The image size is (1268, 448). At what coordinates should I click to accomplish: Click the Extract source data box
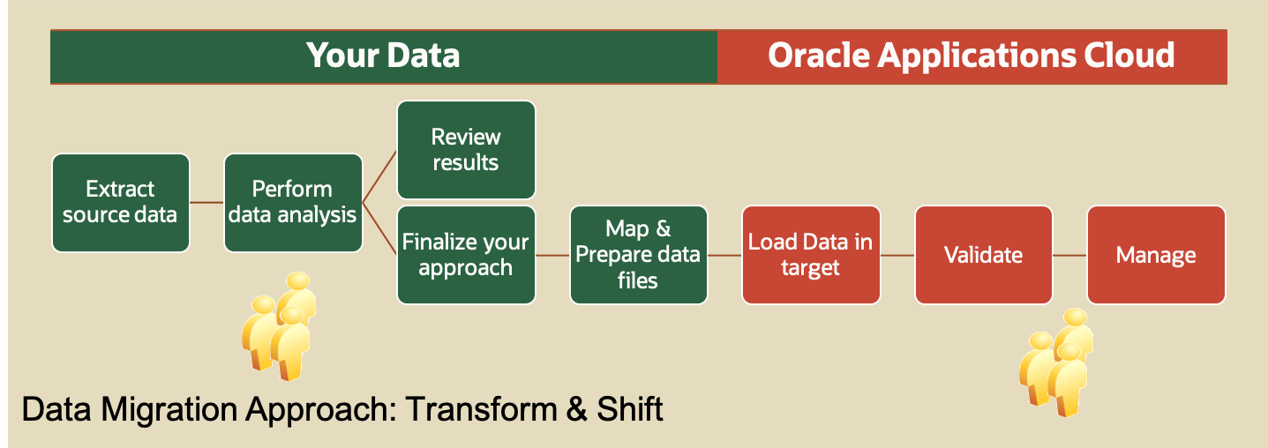(x=121, y=203)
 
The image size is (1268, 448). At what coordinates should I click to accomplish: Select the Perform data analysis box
(x=293, y=203)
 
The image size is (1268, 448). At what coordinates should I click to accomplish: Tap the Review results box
(x=466, y=150)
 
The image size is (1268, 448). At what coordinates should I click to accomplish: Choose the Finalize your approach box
(x=466, y=255)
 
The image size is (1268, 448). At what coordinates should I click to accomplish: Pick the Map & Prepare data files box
(x=639, y=255)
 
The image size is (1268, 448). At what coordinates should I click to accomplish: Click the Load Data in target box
(x=811, y=255)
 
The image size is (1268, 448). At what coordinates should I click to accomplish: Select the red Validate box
(x=984, y=255)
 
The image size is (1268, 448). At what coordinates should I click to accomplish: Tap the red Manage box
(x=1157, y=255)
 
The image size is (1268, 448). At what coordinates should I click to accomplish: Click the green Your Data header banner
(x=384, y=56)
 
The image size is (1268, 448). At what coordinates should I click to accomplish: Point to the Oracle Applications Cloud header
(x=972, y=56)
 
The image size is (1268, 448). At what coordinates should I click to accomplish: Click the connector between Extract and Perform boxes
(x=207, y=203)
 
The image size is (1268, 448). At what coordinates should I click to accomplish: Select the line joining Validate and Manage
(x=1069, y=255)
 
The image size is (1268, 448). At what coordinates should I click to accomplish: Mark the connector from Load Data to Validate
(x=897, y=255)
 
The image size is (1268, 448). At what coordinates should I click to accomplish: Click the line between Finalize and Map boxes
(x=552, y=255)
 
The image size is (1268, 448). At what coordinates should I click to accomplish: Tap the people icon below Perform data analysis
(x=279, y=326)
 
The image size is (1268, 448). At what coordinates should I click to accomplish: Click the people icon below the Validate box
(x=1056, y=362)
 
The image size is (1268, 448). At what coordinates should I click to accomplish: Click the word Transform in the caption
(x=481, y=409)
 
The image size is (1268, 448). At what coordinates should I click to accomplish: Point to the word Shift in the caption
(x=629, y=409)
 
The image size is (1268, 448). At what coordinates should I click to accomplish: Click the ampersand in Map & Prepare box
(x=663, y=228)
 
